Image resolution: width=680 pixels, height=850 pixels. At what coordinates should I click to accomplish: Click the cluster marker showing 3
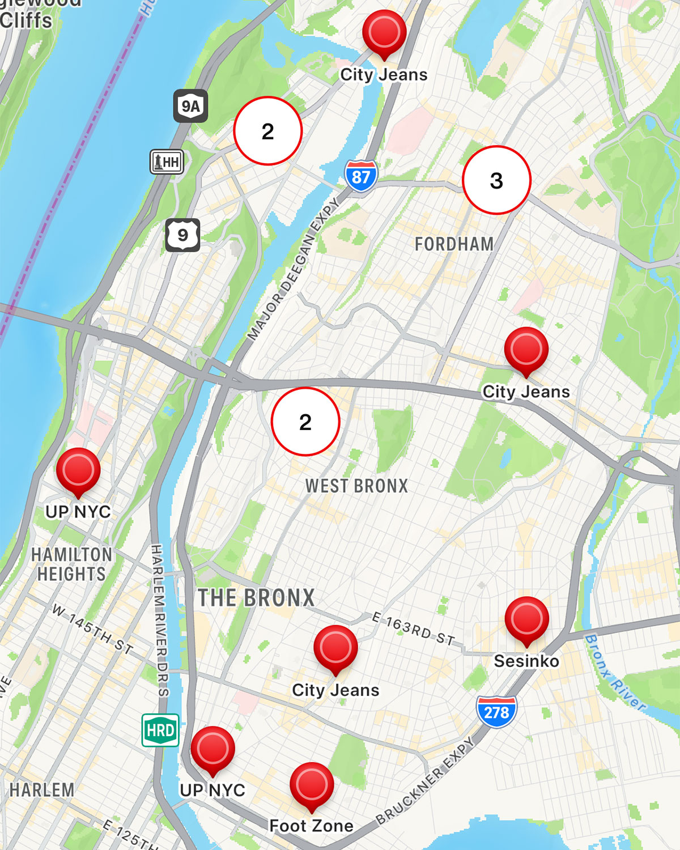tap(496, 180)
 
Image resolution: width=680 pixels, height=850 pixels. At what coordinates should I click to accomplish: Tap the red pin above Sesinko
tap(526, 619)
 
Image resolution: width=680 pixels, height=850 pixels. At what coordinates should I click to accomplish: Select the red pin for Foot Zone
tap(311, 785)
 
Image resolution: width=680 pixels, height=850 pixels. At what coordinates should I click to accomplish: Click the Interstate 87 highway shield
tap(361, 176)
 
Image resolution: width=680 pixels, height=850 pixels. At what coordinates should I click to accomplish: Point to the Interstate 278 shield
tap(496, 711)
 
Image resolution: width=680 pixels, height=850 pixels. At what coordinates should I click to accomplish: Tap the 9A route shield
tap(190, 106)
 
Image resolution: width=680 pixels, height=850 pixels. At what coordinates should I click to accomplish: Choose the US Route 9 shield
tap(182, 235)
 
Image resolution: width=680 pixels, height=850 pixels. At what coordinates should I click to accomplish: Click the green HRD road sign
tap(160, 730)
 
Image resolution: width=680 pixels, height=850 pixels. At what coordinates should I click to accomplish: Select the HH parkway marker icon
tap(167, 162)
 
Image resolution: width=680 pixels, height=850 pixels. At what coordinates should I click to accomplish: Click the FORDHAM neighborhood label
tap(454, 244)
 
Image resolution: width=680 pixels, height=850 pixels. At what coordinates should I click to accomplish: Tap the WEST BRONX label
tap(356, 486)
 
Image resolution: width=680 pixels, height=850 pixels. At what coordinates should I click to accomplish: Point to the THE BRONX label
tap(256, 598)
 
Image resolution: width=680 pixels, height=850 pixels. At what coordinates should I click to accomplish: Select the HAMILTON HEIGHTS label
tap(71, 564)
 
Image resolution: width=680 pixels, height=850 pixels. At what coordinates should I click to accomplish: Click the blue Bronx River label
tap(615, 673)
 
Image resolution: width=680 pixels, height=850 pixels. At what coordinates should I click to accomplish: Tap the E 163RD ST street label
tap(414, 629)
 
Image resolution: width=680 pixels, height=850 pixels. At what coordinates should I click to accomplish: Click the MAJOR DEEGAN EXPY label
tap(294, 269)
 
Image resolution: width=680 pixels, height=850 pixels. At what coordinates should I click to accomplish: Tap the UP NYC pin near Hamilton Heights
tap(78, 471)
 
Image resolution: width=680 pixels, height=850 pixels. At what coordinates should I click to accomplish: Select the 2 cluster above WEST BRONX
tap(305, 422)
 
